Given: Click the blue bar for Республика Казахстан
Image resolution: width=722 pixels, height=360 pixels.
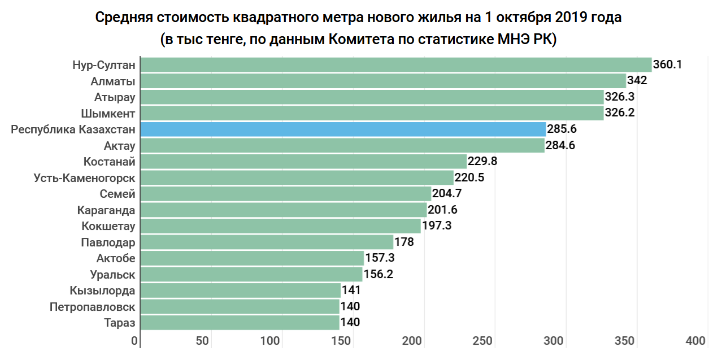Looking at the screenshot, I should (343, 129).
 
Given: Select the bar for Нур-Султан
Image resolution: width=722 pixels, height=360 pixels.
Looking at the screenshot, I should (395, 65).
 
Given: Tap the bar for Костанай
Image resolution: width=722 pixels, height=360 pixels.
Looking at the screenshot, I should (303, 162).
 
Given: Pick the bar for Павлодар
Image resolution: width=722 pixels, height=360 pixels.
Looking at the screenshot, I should (266, 242).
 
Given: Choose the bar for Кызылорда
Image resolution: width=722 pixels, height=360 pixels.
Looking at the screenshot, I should (240, 290).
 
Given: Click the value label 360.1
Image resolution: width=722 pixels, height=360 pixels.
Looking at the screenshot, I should (667, 64).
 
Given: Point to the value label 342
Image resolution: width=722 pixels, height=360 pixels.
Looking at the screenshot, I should (637, 80).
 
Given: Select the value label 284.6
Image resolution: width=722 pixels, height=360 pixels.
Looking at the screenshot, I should (561, 146).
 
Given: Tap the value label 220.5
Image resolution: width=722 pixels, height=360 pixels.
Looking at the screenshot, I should (469, 178).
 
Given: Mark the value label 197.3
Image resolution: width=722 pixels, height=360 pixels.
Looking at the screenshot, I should (437, 226).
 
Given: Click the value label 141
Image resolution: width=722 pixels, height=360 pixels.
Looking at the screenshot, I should (351, 290).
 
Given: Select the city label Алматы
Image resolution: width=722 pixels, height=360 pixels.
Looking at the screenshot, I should (113, 81).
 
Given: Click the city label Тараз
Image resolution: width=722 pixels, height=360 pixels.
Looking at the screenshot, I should (120, 323).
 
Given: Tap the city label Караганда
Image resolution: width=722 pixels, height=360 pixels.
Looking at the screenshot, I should (106, 210).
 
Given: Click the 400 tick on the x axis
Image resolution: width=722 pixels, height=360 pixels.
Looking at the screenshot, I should (695, 341).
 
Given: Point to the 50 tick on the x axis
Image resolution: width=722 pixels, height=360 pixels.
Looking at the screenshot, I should (202, 341).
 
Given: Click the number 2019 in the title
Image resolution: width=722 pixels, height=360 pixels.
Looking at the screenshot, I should (567, 18).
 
